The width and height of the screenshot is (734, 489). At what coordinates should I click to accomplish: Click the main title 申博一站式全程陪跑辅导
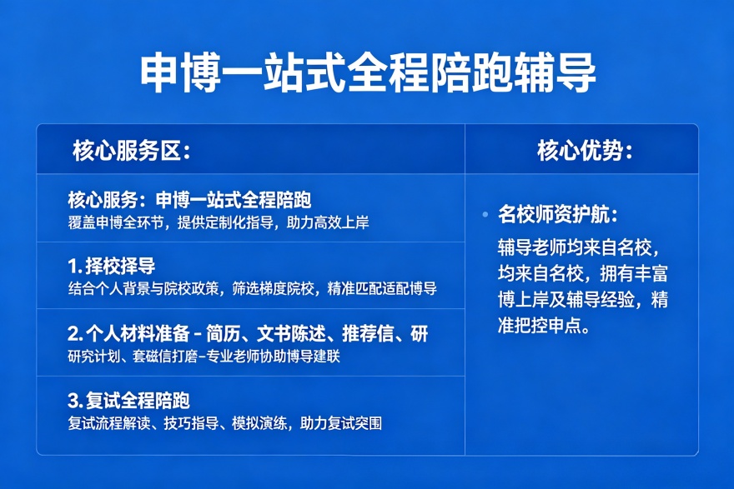[367, 74]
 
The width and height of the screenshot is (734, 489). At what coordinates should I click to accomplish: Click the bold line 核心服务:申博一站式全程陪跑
[189, 201]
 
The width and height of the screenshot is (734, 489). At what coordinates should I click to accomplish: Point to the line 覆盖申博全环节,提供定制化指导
[219, 222]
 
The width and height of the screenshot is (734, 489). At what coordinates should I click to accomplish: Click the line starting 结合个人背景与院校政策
[252, 289]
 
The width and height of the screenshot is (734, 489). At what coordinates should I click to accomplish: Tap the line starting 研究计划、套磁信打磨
[204, 357]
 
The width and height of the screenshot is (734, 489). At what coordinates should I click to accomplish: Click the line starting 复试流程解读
[224, 423]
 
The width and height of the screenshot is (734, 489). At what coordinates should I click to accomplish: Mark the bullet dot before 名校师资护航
[485, 214]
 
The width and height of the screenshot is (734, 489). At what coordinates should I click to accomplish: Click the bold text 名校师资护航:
[557, 214]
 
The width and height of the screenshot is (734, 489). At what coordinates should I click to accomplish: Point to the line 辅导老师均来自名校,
[578, 247]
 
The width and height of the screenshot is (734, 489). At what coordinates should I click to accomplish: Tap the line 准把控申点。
[544, 326]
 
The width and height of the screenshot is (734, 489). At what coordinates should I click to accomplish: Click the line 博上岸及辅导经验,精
[582, 300]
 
